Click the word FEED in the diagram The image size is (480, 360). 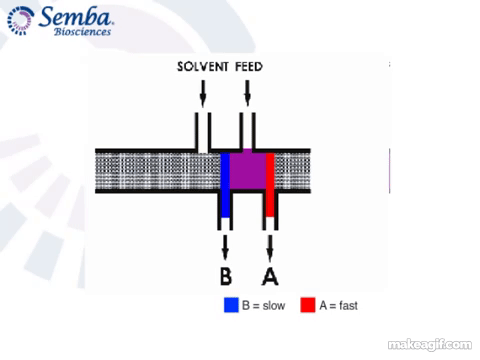pos(249,67)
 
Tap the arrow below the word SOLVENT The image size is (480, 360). pos(203,93)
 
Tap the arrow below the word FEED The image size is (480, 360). pos(247,93)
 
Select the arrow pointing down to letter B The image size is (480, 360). pos(225,247)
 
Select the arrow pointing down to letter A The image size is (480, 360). pos(270,248)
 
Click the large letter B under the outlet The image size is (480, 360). pos(226,276)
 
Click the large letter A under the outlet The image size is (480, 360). pos(270,276)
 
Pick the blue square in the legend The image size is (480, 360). pos(231,305)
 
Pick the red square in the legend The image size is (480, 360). pos(308,305)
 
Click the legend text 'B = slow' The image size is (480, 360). pos(263,305)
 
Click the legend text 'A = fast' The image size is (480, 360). pos(338,305)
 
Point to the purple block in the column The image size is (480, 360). pos(248,171)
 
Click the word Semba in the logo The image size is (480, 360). pos(75,17)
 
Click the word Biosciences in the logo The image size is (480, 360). pos(82,32)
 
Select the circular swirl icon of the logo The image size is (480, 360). pos(21,21)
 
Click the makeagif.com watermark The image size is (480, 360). pos(430,345)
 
